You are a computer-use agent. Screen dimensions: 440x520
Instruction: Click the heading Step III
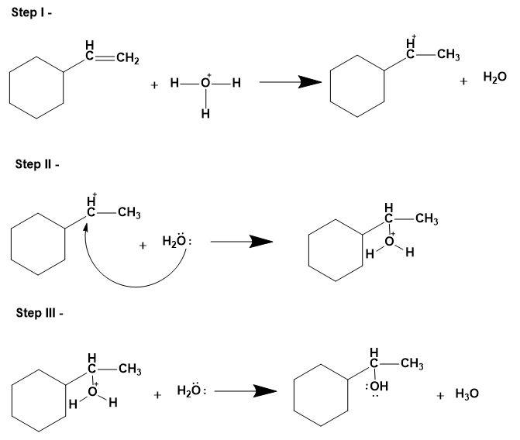click(35, 312)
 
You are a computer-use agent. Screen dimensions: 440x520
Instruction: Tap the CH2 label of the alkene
click(127, 60)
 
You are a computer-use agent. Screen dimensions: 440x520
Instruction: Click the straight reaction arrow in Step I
click(291, 83)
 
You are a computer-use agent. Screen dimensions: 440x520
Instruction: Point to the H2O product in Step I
click(494, 79)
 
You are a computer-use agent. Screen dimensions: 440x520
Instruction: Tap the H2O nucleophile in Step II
click(176, 242)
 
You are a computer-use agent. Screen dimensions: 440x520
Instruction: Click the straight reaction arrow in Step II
click(242, 242)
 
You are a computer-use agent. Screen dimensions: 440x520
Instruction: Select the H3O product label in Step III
click(467, 394)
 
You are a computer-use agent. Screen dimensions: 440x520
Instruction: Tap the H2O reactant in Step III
click(191, 392)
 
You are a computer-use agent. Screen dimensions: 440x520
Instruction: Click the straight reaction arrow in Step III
click(246, 392)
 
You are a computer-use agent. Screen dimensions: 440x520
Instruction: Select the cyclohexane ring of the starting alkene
click(36, 91)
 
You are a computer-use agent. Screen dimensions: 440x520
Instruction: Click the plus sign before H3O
click(440, 395)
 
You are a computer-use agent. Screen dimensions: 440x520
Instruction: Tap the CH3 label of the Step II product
click(426, 220)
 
